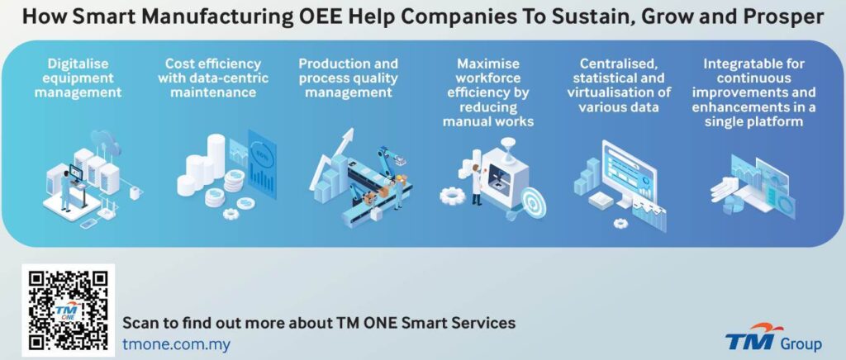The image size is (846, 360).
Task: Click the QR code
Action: [x=69, y=310]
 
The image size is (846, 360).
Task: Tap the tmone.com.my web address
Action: [x=177, y=343]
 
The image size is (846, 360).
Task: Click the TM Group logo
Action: [x=773, y=338]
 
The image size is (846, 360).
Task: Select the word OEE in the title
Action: [x=320, y=17]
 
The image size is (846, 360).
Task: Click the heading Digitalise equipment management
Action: [x=78, y=78]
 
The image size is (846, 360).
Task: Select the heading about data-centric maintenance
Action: [x=213, y=78]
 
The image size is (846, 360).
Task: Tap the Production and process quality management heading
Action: [x=349, y=78]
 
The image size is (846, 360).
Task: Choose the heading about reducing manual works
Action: [x=487, y=92]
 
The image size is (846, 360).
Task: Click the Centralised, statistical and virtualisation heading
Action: [x=619, y=85]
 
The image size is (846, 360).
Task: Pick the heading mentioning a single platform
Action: [x=753, y=92]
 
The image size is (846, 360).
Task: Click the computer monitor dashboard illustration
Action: [x=629, y=173]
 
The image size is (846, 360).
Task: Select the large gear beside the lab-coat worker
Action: [x=452, y=196]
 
